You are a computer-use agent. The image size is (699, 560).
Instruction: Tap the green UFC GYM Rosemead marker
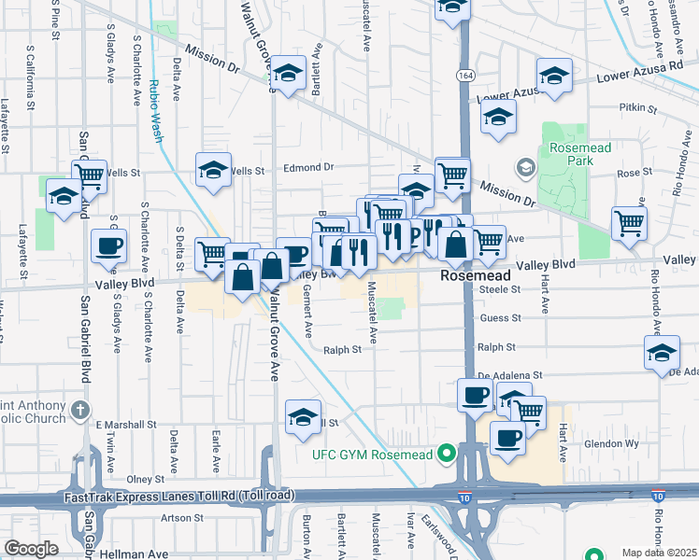(x=447, y=455)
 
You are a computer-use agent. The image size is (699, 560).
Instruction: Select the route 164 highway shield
(x=464, y=74)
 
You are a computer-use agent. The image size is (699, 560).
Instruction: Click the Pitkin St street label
(x=638, y=109)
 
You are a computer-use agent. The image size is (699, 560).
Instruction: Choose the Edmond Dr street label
(x=308, y=167)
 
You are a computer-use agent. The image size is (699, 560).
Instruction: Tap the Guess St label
(x=501, y=318)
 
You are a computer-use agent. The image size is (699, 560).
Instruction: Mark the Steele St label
(x=501, y=290)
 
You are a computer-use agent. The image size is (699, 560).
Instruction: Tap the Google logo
(x=31, y=549)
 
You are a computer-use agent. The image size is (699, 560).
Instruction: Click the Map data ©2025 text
(x=660, y=553)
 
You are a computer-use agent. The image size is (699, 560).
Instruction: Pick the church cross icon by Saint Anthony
(x=81, y=410)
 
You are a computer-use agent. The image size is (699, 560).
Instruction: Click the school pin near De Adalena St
(x=662, y=354)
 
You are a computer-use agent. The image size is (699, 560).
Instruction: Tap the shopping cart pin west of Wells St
(x=90, y=175)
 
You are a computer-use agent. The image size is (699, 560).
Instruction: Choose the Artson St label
(x=181, y=518)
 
